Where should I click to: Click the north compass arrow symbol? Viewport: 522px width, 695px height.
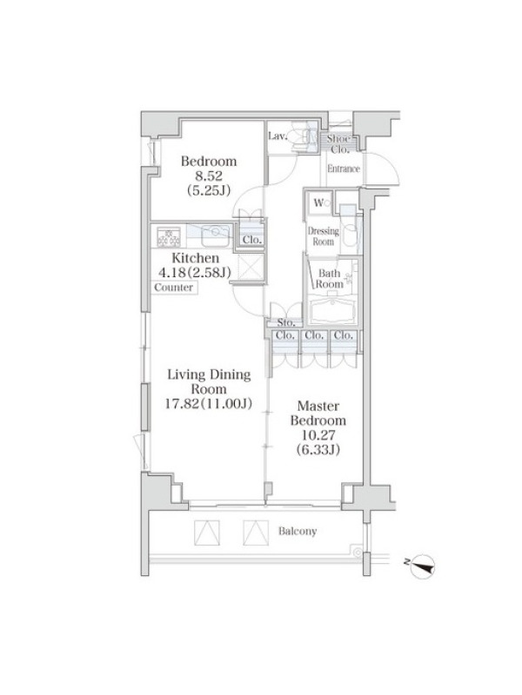[x=422, y=566]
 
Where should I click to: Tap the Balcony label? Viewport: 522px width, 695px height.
[x=298, y=531]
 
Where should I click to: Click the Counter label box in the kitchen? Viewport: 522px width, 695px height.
[x=174, y=288]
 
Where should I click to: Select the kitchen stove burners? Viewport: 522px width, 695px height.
[x=169, y=237]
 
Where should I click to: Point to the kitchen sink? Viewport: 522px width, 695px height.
[x=215, y=235]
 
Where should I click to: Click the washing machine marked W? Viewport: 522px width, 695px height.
[x=320, y=203]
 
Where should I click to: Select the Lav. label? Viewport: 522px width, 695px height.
[x=278, y=136]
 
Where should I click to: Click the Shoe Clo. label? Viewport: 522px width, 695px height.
[x=340, y=144]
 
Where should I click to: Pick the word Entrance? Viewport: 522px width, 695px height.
[x=344, y=169]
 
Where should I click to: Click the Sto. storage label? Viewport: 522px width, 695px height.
[x=285, y=322]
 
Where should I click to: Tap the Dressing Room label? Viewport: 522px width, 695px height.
[x=323, y=236]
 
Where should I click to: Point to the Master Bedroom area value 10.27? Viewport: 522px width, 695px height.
[x=318, y=435]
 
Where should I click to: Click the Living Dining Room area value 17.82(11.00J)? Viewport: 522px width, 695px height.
[x=209, y=403]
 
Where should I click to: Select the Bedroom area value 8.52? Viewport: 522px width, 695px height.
[x=209, y=176]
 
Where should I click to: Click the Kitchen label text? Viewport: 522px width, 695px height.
[x=195, y=257]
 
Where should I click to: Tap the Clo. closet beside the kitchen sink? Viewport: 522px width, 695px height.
[x=251, y=240]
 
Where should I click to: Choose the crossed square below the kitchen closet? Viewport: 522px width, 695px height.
[x=251, y=268]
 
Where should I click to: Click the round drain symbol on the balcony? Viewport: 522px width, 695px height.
[x=356, y=553]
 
